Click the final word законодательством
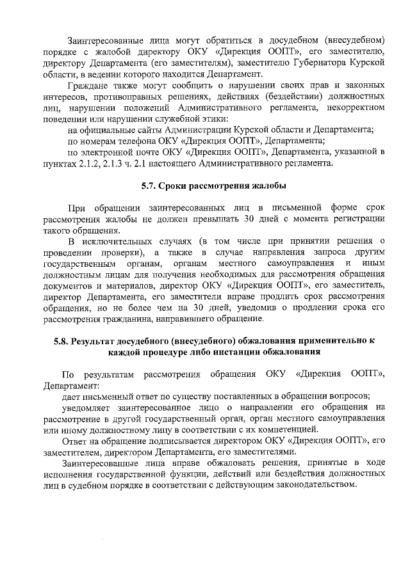[306, 485]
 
